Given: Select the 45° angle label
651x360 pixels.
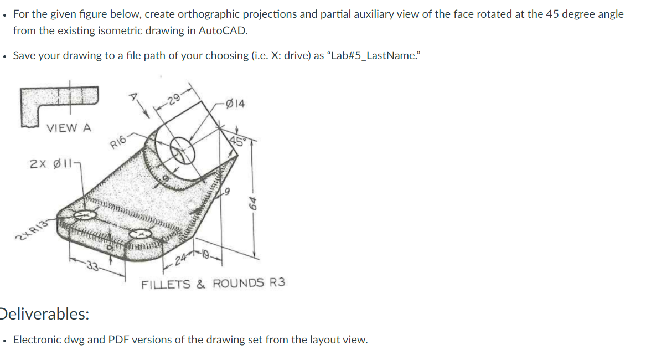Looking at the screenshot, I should pos(236,140).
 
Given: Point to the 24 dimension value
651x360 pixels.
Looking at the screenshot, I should pos(181,260).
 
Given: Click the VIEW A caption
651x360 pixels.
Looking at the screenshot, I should pos(69,128).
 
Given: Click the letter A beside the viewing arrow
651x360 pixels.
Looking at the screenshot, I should pos(132,97).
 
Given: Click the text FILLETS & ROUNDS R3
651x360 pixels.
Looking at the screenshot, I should pos(214,283).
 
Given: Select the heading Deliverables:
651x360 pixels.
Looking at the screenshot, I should pos(45,314).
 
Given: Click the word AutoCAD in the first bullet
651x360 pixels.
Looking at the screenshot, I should pos(224,30).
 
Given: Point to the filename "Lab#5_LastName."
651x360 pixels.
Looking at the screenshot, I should pos(370,55).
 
